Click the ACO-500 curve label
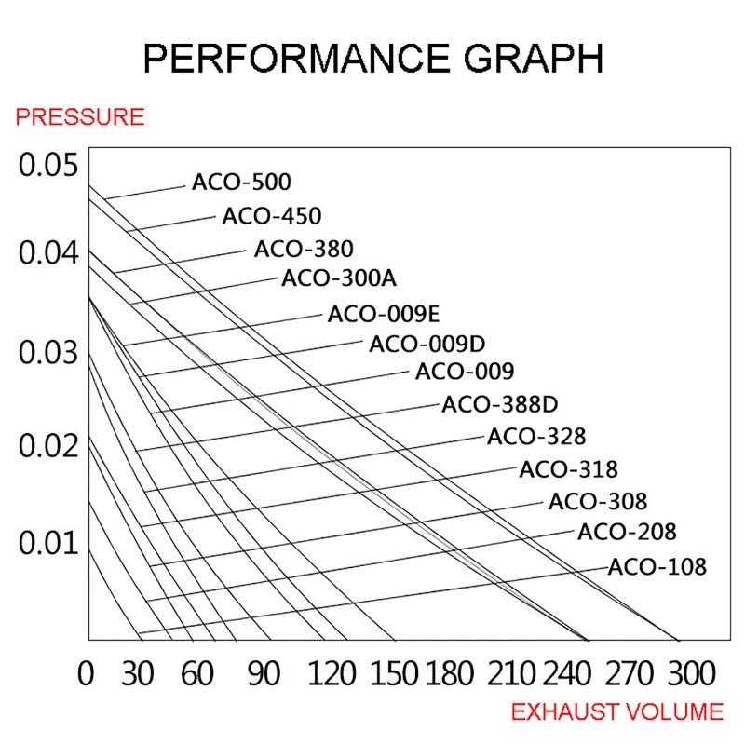click(x=241, y=182)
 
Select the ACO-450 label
click(x=271, y=216)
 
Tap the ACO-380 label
click(x=304, y=249)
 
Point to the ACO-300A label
click(x=339, y=278)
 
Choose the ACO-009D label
click(x=427, y=344)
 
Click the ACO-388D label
click(x=499, y=405)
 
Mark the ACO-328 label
click(x=536, y=436)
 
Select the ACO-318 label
click(x=568, y=468)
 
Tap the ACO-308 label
click(x=597, y=501)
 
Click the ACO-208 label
click(x=627, y=533)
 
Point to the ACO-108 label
click(x=657, y=566)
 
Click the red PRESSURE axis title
click(x=80, y=117)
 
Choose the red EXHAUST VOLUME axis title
click(x=616, y=712)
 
